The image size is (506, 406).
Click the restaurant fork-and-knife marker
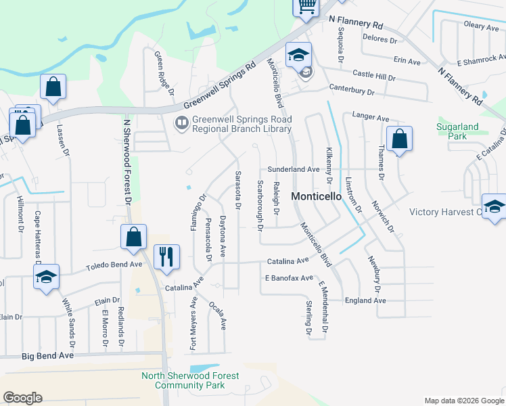[x=166, y=256]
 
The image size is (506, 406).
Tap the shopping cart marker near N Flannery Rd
[x=306, y=6]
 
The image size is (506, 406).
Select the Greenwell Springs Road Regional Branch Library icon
[x=181, y=123]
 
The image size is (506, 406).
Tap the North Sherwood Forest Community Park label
[x=189, y=381]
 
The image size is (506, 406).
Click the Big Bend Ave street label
[x=47, y=355]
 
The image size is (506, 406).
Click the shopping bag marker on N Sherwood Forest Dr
[x=133, y=237]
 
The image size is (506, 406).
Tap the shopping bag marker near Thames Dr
[x=400, y=139]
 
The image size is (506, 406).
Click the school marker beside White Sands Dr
[x=46, y=277]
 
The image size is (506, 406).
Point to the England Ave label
[x=365, y=300]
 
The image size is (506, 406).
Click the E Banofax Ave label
[x=289, y=278]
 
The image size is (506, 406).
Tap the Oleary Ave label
[x=481, y=26]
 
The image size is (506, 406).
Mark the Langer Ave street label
[x=370, y=117]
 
